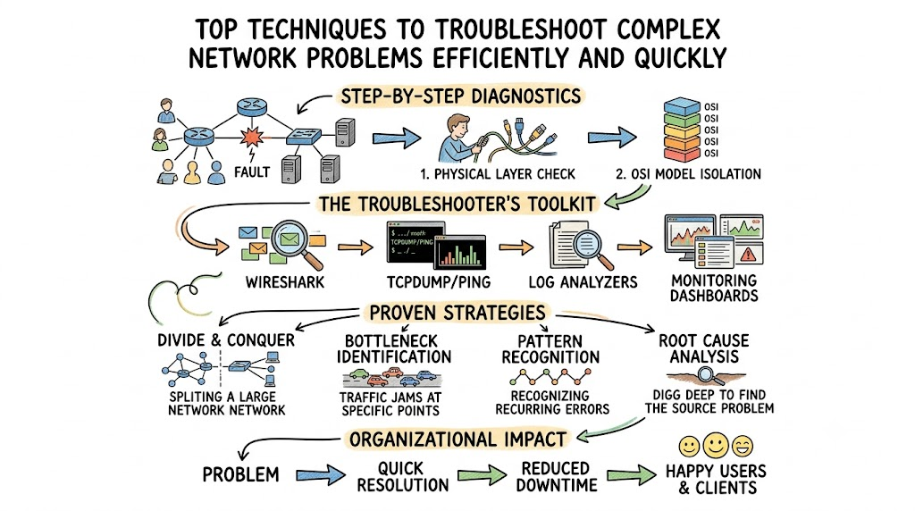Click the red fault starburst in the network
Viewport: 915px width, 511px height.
point(252,137)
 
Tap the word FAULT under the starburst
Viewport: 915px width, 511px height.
point(252,172)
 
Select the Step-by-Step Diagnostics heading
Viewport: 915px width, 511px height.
point(461,96)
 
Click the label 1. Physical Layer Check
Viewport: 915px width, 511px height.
point(497,174)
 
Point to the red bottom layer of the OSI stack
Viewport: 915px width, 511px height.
point(682,155)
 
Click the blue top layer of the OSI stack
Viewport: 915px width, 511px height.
point(682,106)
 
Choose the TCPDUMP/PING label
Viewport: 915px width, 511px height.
point(438,282)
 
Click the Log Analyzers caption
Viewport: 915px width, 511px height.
point(583,282)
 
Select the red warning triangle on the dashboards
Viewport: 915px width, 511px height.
point(748,254)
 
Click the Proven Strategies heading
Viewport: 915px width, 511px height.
point(457,313)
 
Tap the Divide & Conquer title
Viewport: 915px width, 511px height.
point(226,340)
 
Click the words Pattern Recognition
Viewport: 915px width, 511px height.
point(550,348)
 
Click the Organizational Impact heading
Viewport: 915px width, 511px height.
point(457,440)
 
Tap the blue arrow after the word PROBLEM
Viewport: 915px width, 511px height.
point(321,475)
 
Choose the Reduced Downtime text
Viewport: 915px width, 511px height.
point(556,476)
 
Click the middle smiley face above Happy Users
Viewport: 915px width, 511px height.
point(716,446)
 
